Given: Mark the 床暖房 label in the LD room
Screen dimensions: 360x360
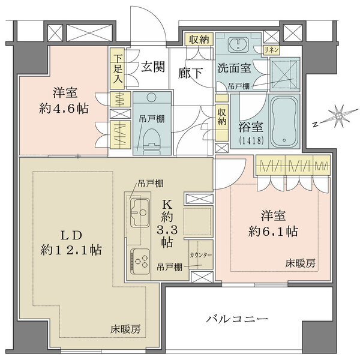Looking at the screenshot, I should point(125,329).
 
